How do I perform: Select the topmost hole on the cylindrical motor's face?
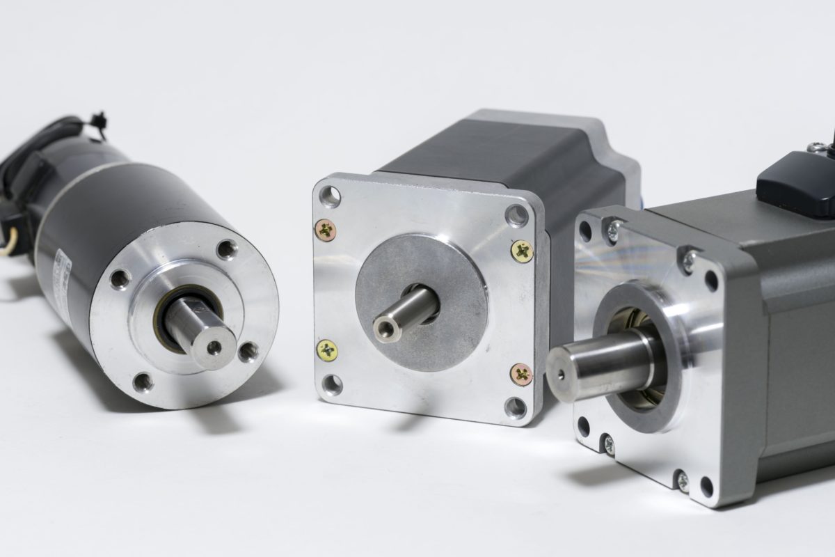pyautogui.click(x=226, y=249)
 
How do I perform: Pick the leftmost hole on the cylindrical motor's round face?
pyautogui.click(x=120, y=278)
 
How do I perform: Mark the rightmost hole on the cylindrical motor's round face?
pyautogui.click(x=247, y=352)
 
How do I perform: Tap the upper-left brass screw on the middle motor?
pyautogui.click(x=325, y=229)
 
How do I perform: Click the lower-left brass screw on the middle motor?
pyautogui.click(x=326, y=350)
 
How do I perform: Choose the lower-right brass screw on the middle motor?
pyautogui.click(x=521, y=374)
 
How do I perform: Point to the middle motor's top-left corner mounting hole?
pyautogui.click(x=330, y=197)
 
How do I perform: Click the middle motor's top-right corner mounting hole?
pyautogui.click(x=516, y=216)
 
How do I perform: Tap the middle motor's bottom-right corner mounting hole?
pyautogui.click(x=515, y=407)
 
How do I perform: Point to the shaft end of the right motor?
pyautogui.click(x=559, y=372)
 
